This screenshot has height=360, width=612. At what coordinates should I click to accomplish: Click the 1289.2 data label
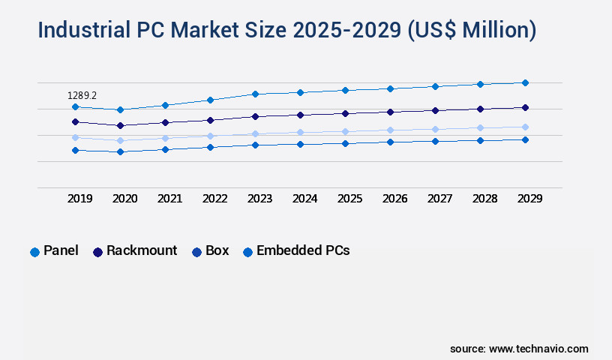point(82,95)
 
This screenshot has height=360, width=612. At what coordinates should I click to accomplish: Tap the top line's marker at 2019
point(75,107)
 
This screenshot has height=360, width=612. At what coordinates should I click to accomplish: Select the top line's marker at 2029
point(525,82)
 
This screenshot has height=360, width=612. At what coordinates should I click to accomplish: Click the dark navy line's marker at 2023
point(255,116)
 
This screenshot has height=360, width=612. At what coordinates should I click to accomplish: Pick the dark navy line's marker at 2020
point(120,125)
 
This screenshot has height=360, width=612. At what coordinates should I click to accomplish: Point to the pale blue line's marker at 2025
point(345,131)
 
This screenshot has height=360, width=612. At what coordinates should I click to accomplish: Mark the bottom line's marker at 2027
point(435,141)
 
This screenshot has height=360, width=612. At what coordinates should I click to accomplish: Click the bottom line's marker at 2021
point(165,149)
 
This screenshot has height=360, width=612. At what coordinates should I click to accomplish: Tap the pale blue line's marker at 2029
point(525,127)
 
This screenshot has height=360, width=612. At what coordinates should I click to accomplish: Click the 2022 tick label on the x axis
point(214,199)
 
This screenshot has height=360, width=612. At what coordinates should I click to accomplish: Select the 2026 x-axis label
point(394,199)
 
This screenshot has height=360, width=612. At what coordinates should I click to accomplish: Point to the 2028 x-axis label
point(484,199)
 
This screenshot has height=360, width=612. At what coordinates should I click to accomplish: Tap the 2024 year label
point(304,199)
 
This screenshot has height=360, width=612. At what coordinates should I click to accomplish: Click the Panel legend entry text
point(61,250)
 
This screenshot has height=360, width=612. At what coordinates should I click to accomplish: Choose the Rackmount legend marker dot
point(97,252)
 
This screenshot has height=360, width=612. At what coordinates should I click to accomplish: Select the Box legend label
point(217,250)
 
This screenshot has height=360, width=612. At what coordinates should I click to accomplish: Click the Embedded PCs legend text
point(303,250)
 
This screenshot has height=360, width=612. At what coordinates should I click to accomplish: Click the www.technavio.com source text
point(538,349)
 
